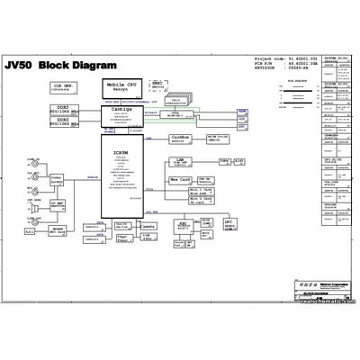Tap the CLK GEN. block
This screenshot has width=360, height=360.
(x=63, y=87)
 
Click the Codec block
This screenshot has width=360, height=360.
(x=57, y=180)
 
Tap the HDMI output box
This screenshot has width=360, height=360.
(x=241, y=107)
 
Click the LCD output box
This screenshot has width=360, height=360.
(x=241, y=118)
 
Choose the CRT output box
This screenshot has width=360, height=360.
(x=241, y=129)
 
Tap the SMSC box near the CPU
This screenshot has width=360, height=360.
(x=158, y=85)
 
